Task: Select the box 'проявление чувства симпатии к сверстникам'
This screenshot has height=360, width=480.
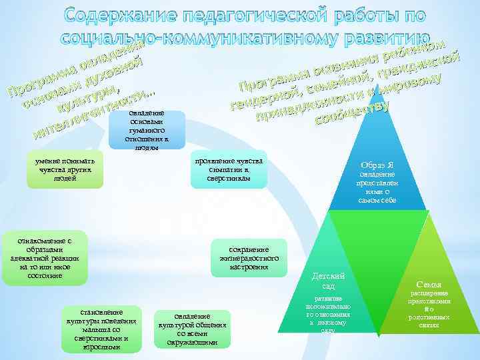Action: point(229,171)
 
